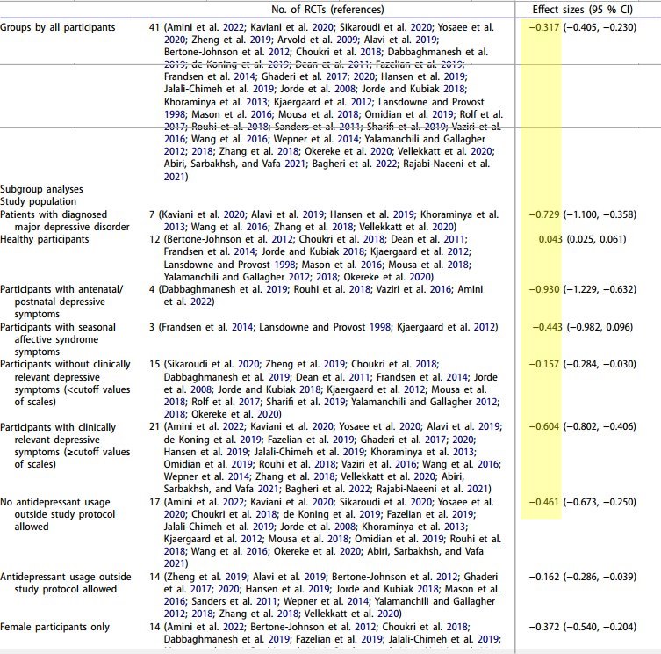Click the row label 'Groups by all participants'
point(58,27)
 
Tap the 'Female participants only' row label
point(55,627)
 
